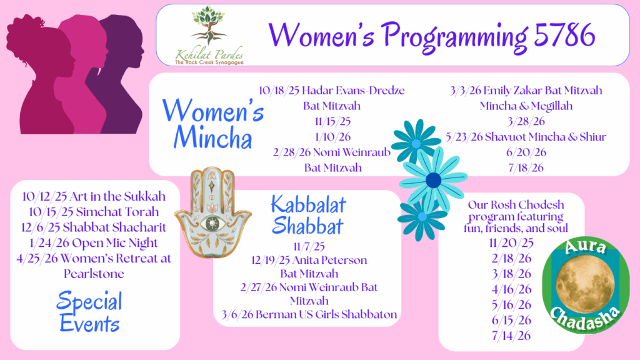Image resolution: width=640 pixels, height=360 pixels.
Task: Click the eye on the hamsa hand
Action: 212,223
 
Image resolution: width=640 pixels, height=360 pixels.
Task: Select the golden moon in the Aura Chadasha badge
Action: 585,284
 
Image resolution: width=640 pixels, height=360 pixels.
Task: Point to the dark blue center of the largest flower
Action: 433,180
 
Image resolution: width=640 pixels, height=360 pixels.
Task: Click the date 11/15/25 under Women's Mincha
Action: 332,121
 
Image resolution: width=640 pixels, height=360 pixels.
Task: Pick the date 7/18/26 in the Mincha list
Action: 526,167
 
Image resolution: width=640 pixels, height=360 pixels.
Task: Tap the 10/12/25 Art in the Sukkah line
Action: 94,196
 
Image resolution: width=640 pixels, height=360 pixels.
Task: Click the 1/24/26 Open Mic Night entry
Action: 94,243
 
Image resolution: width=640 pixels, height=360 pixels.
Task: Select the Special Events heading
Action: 89,312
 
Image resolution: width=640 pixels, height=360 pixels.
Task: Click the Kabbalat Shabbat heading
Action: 308,215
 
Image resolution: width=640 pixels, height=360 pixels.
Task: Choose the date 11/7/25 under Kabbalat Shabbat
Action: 309,246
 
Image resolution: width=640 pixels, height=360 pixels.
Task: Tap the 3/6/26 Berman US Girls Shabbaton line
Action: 309,315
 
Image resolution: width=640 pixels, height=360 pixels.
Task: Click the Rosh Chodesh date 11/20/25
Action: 511,243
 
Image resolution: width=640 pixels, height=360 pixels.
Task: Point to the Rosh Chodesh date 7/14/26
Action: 511,336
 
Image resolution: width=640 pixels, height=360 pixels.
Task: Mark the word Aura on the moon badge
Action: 585,247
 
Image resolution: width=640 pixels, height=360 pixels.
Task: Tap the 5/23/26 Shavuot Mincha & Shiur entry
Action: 526,137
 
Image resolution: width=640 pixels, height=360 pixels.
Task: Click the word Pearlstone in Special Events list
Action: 94,274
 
